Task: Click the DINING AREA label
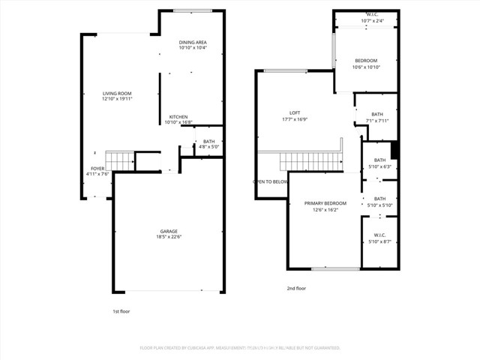click(x=193, y=42)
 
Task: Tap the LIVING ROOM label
click(x=117, y=93)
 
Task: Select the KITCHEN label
click(x=178, y=116)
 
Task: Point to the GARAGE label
click(x=169, y=231)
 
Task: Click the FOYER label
click(x=97, y=169)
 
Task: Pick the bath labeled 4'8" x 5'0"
click(x=208, y=147)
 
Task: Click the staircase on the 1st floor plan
click(x=118, y=160)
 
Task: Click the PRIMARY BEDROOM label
click(x=325, y=203)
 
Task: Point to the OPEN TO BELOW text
click(x=271, y=181)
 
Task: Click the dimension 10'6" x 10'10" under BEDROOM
click(x=366, y=67)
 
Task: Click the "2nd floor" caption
click(x=296, y=288)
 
